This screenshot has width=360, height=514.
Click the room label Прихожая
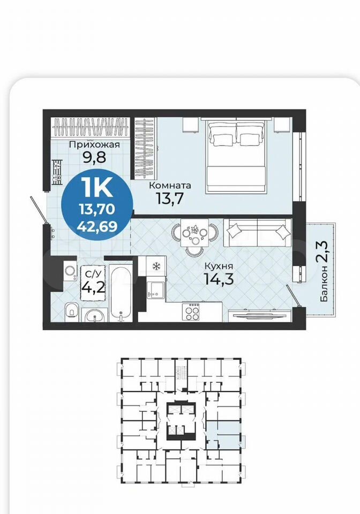click(x=95, y=145)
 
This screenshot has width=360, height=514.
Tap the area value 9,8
click(x=95, y=157)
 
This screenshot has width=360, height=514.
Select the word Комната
click(x=170, y=186)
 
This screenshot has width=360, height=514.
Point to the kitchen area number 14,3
click(x=219, y=279)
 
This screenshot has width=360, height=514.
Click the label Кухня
click(x=219, y=266)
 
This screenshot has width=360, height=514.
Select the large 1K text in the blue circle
click(x=99, y=187)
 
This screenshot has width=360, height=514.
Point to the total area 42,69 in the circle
click(x=97, y=226)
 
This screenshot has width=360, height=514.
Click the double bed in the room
click(x=236, y=155)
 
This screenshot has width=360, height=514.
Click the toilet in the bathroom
click(x=71, y=310)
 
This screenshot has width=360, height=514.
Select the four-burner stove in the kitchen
click(x=191, y=312)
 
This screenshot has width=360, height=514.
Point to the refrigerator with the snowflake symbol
click(x=156, y=267)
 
